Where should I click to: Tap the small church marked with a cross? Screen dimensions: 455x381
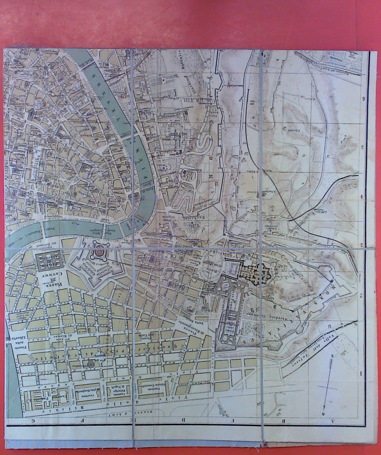click(x=91, y=364)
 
